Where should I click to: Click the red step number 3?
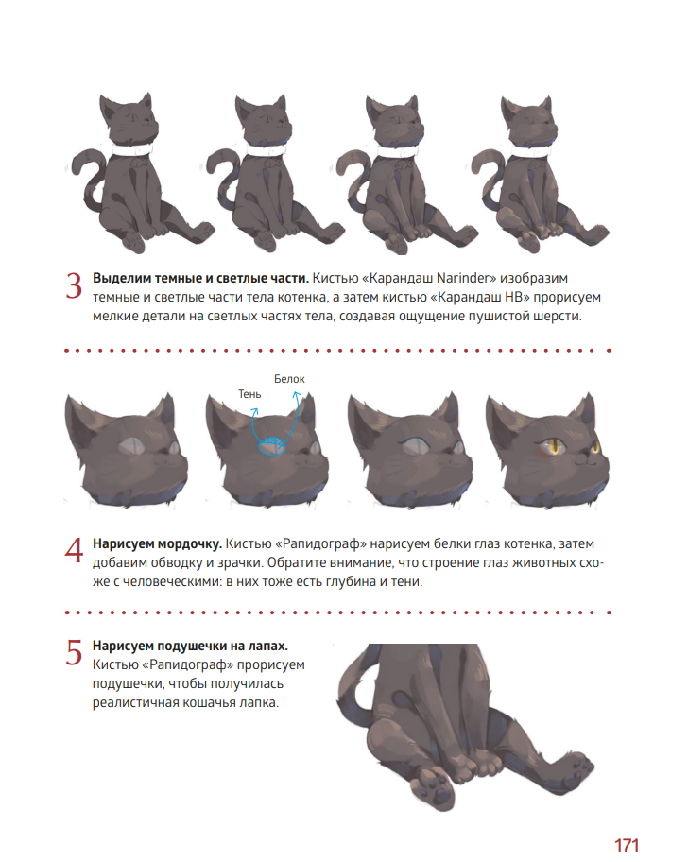74,286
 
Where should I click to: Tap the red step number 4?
74,550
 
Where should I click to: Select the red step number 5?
74,652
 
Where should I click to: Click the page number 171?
626,844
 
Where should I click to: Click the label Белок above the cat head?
289,379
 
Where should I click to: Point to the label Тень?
249,394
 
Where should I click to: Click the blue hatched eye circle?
272,446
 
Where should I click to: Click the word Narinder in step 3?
464,278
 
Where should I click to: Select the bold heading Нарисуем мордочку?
157,543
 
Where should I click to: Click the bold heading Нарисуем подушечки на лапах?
190,646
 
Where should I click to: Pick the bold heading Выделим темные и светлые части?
200,278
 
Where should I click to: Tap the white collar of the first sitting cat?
132,149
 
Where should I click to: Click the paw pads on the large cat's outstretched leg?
578,766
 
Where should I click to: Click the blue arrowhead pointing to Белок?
297,394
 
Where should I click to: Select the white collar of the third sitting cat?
396,150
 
